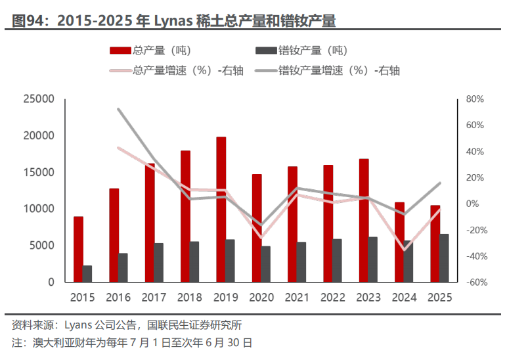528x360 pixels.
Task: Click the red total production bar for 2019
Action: click(x=221, y=210)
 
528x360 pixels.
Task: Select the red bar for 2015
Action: click(x=78, y=249)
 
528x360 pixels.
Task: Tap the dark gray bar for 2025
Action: click(x=444, y=258)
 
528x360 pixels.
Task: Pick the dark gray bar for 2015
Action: click(x=87, y=273)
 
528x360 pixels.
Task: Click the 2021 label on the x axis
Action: click(x=297, y=297)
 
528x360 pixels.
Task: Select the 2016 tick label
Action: click(x=118, y=297)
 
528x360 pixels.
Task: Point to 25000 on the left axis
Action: click(x=38, y=99)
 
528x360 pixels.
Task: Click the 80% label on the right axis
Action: click(x=474, y=99)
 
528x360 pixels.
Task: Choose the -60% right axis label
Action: click(x=474, y=282)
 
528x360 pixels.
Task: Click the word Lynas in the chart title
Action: click(x=173, y=21)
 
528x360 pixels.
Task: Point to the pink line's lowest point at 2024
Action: click(x=405, y=250)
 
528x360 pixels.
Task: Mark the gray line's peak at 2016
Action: click(x=118, y=109)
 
